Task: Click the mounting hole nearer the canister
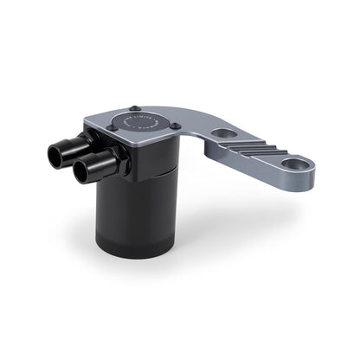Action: point(226,134)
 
